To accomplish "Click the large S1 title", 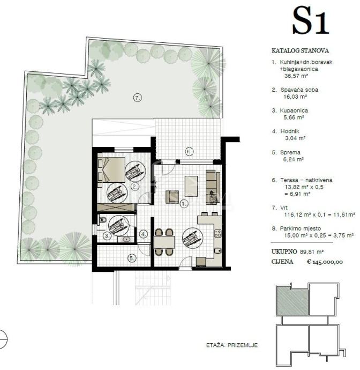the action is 311,21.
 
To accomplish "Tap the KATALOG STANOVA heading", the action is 300,50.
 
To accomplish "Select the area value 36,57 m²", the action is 296,76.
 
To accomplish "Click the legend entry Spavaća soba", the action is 299,90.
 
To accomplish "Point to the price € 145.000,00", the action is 325,262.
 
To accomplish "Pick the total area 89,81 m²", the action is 311,252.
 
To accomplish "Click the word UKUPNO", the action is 284,252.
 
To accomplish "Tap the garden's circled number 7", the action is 138,98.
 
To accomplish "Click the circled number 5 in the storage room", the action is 132,258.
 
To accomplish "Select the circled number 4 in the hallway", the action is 144,234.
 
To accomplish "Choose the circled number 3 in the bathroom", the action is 107,235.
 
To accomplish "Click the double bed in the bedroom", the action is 112,170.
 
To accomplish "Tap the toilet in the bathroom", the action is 102,220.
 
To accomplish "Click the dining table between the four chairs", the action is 164,242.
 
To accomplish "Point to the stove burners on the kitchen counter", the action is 217,234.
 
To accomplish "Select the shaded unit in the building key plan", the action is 292,300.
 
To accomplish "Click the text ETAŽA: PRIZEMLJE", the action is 232,345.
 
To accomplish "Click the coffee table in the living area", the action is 191,186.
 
